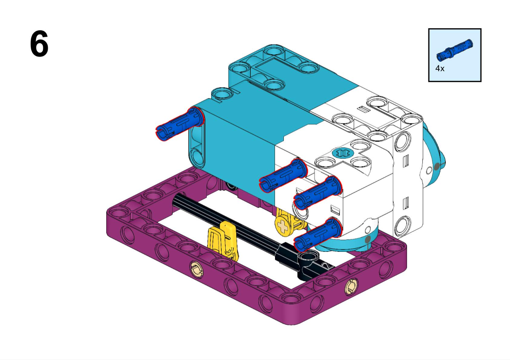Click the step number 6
tap(39, 44)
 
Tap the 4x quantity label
tap(440, 68)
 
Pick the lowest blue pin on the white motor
tap(318, 234)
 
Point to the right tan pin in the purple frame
tap(351, 287)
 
